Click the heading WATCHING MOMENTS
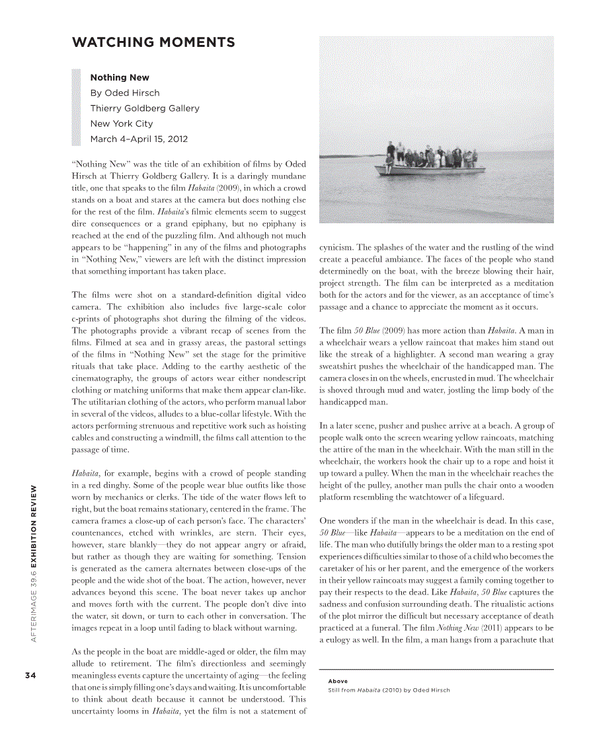point(153,43)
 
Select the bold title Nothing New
point(120,77)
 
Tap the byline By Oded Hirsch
point(125,93)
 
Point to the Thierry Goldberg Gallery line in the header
point(145,108)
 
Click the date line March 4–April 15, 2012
point(139,139)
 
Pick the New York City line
point(122,124)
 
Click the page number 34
point(30,675)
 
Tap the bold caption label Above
point(338,681)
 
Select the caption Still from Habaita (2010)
point(389,690)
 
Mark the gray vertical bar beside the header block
point(76,108)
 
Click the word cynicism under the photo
point(336,248)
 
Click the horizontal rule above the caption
point(436,670)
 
